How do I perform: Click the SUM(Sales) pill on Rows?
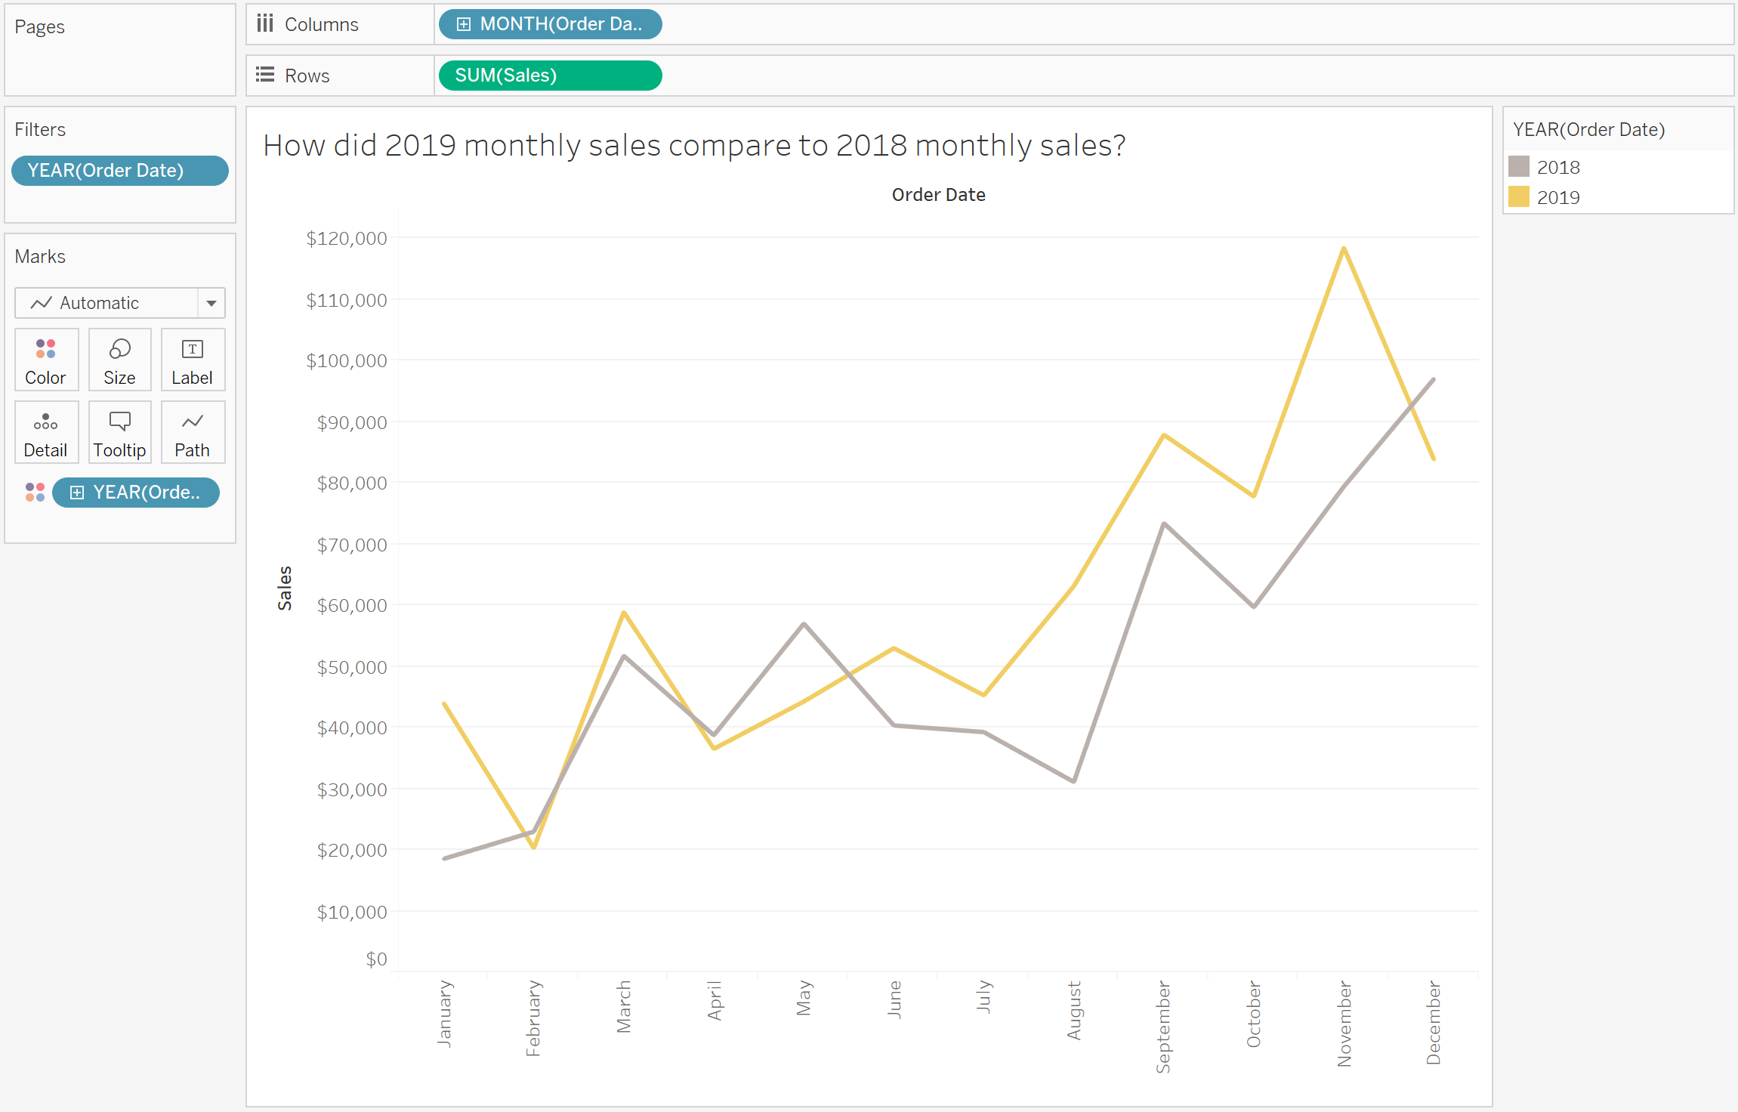(x=550, y=76)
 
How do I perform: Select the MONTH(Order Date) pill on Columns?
(x=550, y=24)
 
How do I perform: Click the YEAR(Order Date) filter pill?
(x=120, y=171)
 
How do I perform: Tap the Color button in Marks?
(x=46, y=360)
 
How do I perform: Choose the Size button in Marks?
(x=119, y=360)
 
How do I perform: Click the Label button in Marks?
(x=193, y=360)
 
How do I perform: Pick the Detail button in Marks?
(x=46, y=432)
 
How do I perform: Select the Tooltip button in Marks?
(x=119, y=432)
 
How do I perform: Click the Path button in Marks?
(x=193, y=432)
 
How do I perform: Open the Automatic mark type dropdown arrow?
(x=211, y=303)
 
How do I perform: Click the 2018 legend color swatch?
(x=1518, y=166)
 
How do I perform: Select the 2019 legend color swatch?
(x=1518, y=196)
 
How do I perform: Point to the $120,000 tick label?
(x=346, y=239)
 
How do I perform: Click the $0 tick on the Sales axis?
(x=376, y=959)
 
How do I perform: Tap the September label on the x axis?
(x=1163, y=1027)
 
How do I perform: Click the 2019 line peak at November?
(x=1344, y=248)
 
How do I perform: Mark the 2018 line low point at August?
(x=1073, y=781)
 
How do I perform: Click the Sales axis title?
(x=285, y=588)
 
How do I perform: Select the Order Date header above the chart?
(x=938, y=195)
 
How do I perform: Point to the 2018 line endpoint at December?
(x=1433, y=379)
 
